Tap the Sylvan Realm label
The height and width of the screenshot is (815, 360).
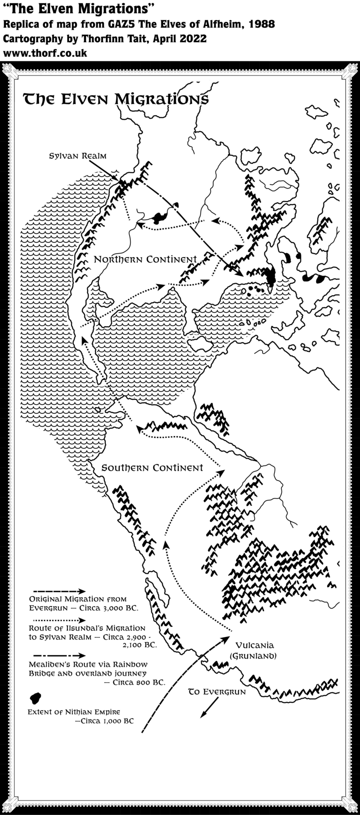[78, 156]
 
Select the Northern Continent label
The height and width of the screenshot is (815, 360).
[145, 259]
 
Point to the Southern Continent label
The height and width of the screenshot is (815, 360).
[152, 468]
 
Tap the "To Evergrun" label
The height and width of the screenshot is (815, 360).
[217, 692]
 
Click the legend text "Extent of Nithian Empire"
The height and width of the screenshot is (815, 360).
[70, 712]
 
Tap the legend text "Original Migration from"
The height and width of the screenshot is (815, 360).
[78, 599]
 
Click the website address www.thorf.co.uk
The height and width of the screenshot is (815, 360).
[45, 53]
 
